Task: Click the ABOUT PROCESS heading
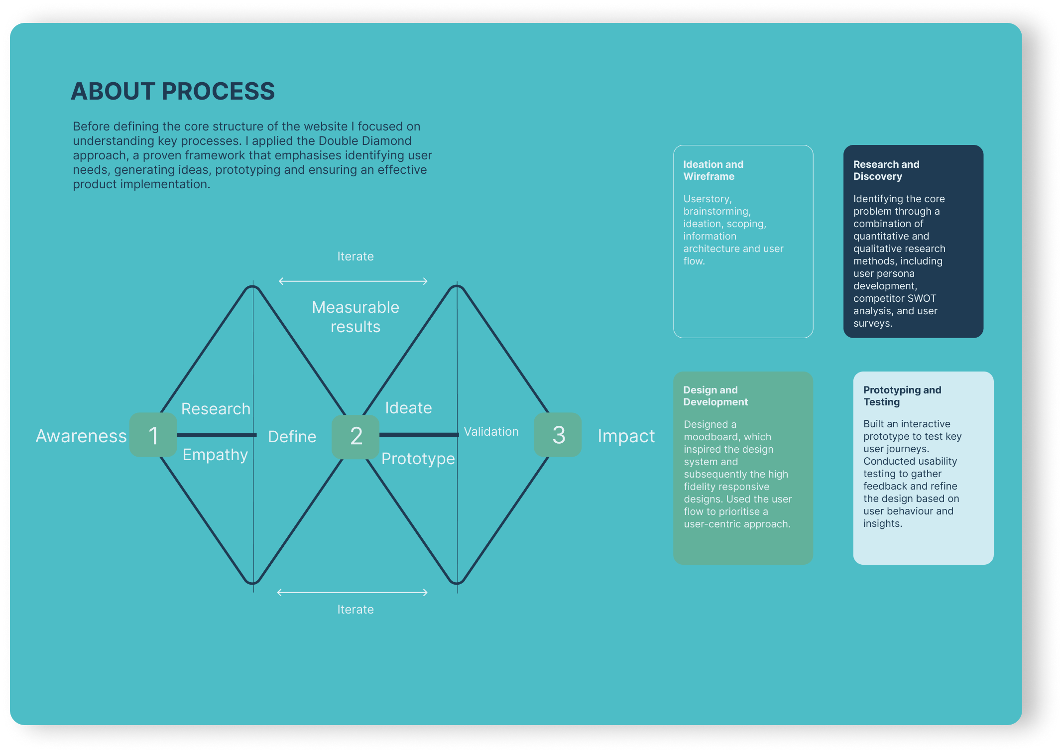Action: pyautogui.click(x=173, y=91)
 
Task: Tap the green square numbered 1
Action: pyautogui.click(x=153, y=435)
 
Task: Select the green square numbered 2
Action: pyautogui.click(x=355, y=436)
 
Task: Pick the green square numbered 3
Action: pyautogui.click(x=558, y=435)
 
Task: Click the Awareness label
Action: pyautogui.click(x=81, y=436)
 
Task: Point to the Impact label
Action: pyautogui.click(x=626, y=436)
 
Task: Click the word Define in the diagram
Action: pyautogui.click(x=292, y=437)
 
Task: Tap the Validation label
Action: pyautogui.click(x=491, y=432)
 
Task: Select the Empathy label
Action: pyautogui.click(x=215, y=455)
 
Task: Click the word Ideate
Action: pyautogui.click(x=408, y=408)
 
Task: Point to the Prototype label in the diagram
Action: pyautogui.click(x=418, y=459)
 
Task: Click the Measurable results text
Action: pyautogui.click(x=355, y=317)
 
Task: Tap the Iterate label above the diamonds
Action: pyautogui.click(x=355, y=256)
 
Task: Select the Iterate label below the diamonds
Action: pyautogui.click(x=355, y=610)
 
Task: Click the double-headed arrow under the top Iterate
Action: pyautogui.click(x=353, y=281)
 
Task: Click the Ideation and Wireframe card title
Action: pyautogui.click(x=713, y=170)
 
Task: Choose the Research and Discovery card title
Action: pyautogui.click(x=886, y=170)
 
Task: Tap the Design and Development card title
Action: pyautogui.click(x=715, y=396)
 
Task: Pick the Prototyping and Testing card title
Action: pyautogui.click(x=902, y=396)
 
